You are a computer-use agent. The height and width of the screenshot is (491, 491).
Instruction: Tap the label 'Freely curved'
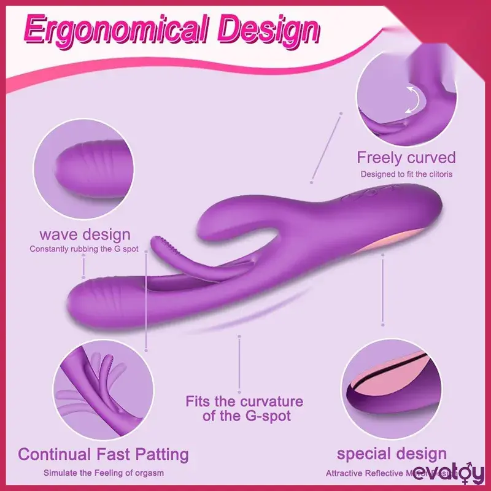(406, 158)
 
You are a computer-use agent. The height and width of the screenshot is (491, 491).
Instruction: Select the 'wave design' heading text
(85, 234)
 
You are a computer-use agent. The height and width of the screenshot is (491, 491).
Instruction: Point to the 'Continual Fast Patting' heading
(103, 455)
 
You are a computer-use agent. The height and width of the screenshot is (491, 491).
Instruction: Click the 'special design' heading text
(392, 454)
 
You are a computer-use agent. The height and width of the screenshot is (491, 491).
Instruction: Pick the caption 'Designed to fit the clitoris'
(406, 174)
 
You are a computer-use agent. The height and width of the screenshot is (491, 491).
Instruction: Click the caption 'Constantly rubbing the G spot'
(85, 249)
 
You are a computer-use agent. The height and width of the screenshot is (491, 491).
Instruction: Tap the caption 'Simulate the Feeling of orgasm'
(103, 473)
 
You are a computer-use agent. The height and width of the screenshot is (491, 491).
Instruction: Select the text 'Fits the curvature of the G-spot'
(244, 409)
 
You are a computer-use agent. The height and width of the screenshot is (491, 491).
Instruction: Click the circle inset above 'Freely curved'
(406, 93)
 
